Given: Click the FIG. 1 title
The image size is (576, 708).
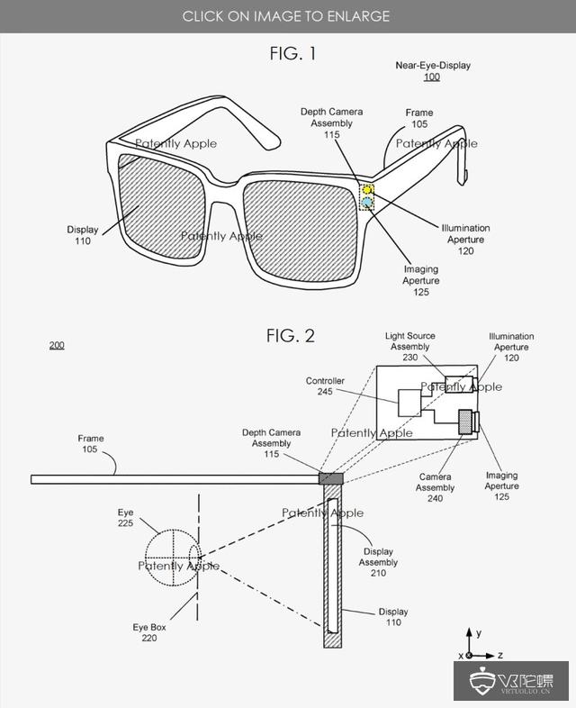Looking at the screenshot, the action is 292,54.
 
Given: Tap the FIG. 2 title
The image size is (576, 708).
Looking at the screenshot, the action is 291,336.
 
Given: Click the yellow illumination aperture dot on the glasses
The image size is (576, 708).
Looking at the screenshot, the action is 367,190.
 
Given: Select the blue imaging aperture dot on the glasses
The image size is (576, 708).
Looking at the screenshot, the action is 367,202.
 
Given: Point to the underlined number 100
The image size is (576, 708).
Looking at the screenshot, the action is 432,77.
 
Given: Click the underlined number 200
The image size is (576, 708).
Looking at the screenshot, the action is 57,345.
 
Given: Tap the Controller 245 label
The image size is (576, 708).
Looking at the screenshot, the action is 325,386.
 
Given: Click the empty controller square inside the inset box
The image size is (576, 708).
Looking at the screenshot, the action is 409,403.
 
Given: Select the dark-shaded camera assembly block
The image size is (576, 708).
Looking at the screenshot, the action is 465,422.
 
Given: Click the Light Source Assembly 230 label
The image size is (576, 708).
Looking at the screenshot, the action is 410,346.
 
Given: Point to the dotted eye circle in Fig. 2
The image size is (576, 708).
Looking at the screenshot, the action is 171,558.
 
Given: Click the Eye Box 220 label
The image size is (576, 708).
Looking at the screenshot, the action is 149,632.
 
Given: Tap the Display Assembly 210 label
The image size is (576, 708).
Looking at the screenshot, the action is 378,562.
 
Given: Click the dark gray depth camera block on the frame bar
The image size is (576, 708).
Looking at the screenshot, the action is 331,478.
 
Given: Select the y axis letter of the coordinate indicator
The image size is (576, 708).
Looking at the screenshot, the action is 479,633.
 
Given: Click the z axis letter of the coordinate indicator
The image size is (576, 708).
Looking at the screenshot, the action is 500,655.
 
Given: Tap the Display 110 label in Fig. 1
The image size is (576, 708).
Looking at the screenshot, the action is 83,235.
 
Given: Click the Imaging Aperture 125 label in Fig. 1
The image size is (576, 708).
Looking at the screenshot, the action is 421,280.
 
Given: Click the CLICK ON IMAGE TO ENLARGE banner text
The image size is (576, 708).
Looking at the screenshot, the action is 286,16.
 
